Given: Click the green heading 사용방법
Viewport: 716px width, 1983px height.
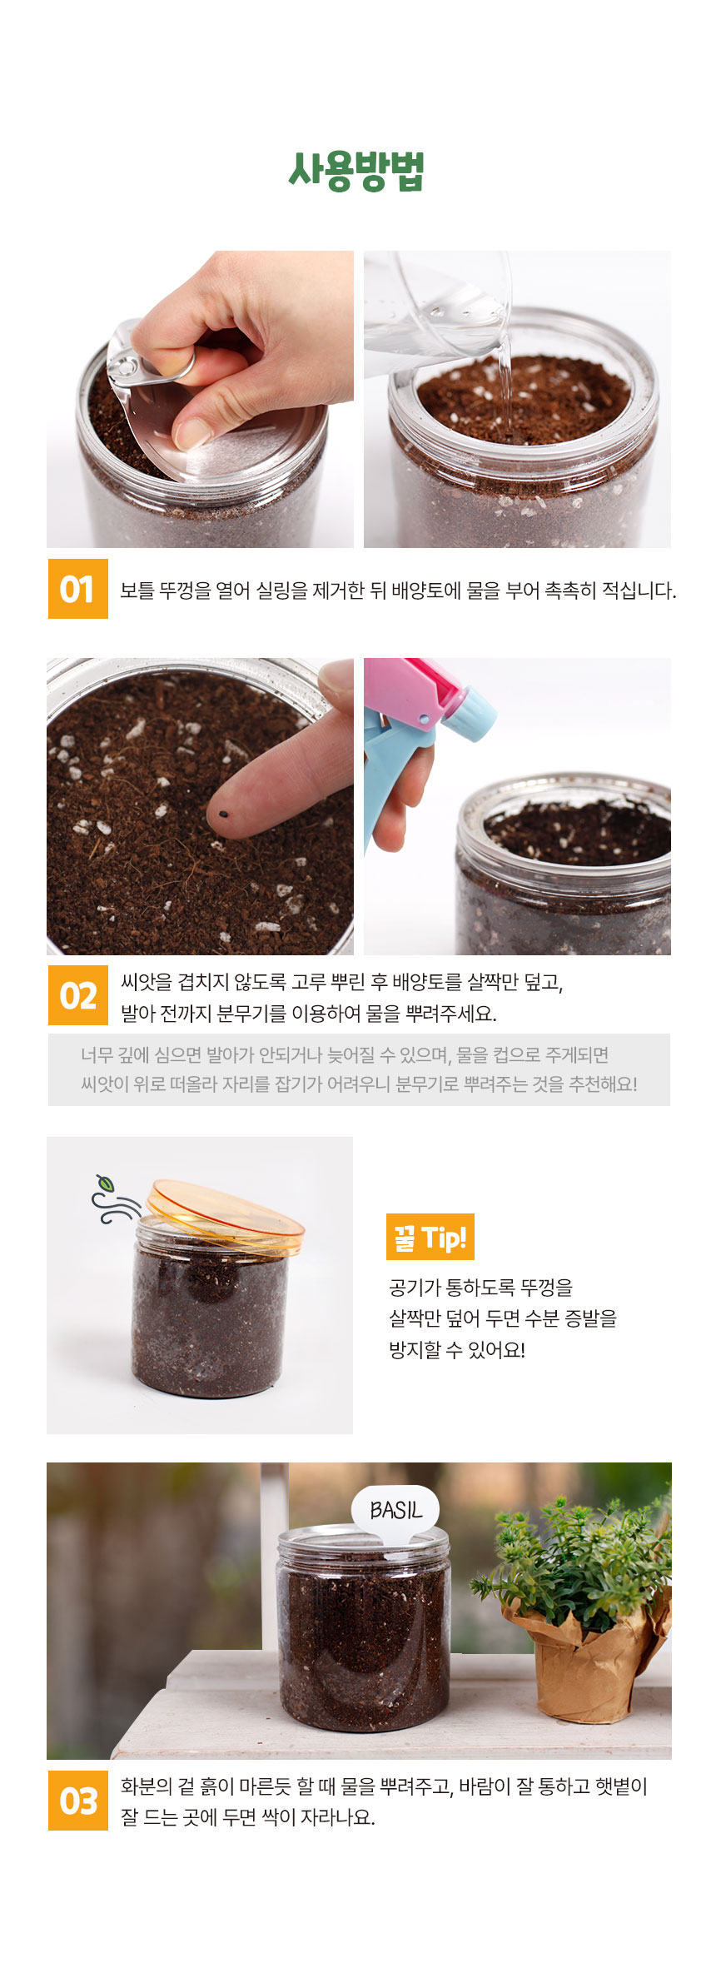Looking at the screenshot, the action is pyautogui.click(x=357, y=171).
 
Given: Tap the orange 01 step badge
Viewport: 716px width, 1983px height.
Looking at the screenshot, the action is pyautogui.click(x=78, y=589).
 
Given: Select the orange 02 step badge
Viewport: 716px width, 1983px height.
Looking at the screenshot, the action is pyautogui.click(x=78, y=995).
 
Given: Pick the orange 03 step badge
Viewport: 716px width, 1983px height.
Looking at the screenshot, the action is pyautogui.click(x=78, y=1801).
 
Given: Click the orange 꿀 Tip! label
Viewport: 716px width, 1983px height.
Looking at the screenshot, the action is pyautogui.click(x=430, y=1237).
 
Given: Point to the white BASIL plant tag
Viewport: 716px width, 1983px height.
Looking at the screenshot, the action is pyautogui.click(x=395, y=1510).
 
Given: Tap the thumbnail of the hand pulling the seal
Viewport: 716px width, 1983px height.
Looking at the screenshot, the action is pyautogui.click(x=200, y=399).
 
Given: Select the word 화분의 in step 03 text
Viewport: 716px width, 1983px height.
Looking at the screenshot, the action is pyautogui.click(x=146, y=1786).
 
